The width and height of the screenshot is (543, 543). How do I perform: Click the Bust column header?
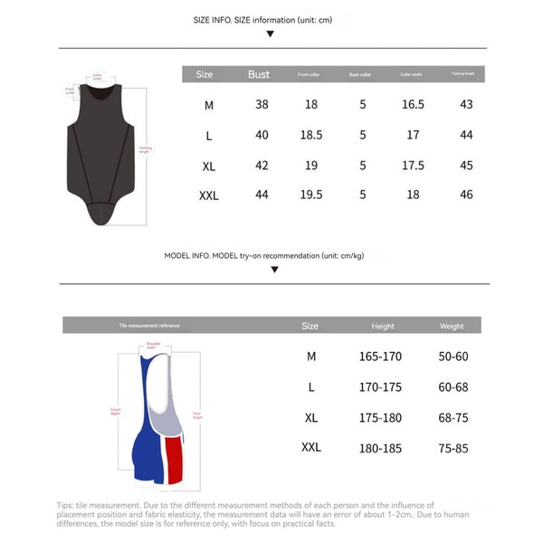click(x=259, y=74)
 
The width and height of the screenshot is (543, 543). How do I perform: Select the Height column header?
click(x=383, y=326)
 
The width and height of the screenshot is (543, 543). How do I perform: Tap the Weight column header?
click(x=452, y=326)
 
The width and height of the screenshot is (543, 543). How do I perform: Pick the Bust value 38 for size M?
click(x=262, y=105)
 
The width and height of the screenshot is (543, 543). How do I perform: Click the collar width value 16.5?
click(x=413, y=105)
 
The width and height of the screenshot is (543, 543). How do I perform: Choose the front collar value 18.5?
click(x=310, y=135)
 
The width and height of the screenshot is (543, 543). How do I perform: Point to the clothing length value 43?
click(x=466, y=105)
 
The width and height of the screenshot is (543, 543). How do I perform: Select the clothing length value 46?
click(x=466, y=195)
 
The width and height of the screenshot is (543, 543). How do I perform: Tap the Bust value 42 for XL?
click(x=262, y=166)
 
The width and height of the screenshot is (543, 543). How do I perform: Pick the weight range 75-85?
click(x=452, y=447)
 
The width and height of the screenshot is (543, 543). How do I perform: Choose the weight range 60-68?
click(x=452, y=386)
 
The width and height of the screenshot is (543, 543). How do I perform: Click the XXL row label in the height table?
click(x=310, y=447)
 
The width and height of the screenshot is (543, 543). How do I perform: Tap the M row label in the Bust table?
click(x=209, y=105)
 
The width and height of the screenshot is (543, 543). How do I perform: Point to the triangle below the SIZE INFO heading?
click(x=271, y=35)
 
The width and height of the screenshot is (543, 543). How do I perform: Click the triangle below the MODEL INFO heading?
click(x=271, y=269)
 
